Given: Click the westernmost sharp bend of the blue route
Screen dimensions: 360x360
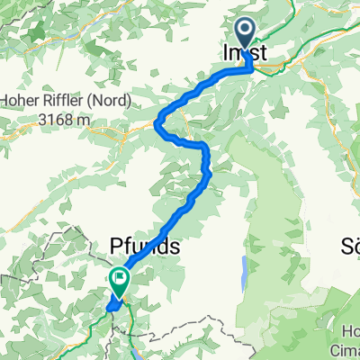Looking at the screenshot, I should pyautogui.click(x=160, y=123).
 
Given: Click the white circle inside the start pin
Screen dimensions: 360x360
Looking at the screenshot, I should pyautogui.click(x=247, y=32).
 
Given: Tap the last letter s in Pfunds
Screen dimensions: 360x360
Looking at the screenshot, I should pyautogui.click(x=178, y=247).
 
